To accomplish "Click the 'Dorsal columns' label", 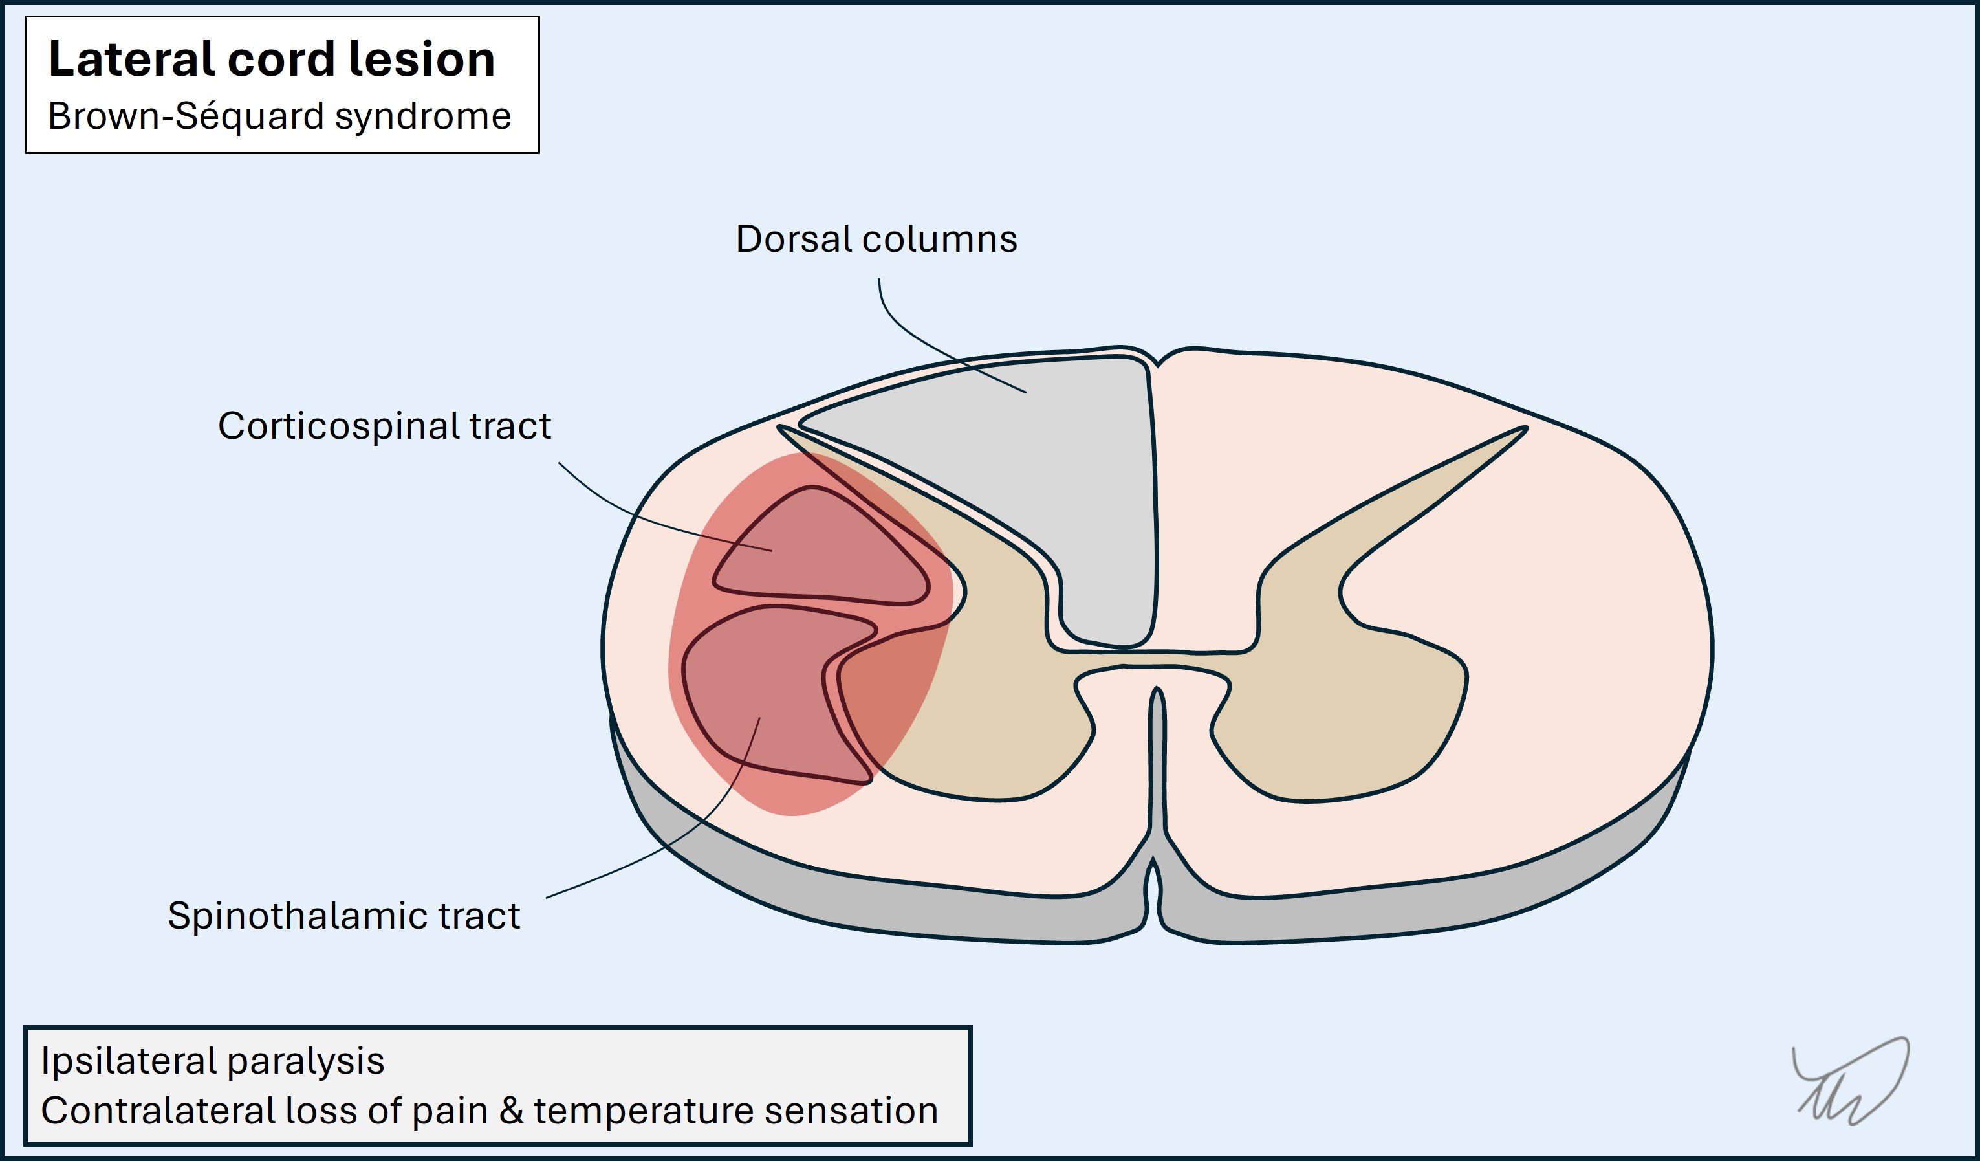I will click(x=875, y=239).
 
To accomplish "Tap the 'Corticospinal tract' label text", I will click(x=384, y=426).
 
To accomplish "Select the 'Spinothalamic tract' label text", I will click(x=343, y=916).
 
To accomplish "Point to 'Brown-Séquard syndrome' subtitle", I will click(x=279, y=116).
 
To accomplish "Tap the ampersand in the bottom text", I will click(x=512, y=1111).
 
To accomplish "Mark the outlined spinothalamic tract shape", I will click(x=754, y=692).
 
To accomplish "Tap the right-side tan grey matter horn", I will click(x=1351, y=668).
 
